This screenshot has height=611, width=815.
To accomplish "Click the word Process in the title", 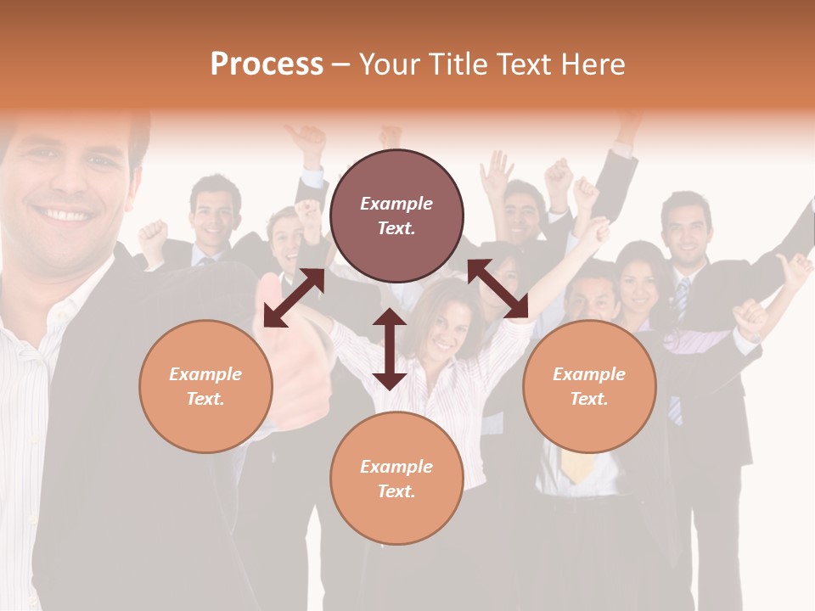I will (267, 64).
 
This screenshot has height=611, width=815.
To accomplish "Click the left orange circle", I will (205, 386).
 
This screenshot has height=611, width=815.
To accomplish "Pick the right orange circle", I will (589, 386).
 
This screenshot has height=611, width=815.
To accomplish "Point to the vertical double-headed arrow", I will (389, 349).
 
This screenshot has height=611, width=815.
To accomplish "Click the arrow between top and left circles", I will (294, 297).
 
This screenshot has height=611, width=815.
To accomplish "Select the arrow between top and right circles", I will (498, 289).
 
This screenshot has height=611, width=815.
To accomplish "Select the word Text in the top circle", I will (396, 228).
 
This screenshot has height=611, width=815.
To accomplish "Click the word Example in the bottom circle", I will (396, 466).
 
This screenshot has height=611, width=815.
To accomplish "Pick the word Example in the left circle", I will (205, 373).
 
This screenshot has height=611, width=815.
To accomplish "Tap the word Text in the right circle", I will (588, 399).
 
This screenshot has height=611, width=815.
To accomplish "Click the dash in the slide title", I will (340, 64).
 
